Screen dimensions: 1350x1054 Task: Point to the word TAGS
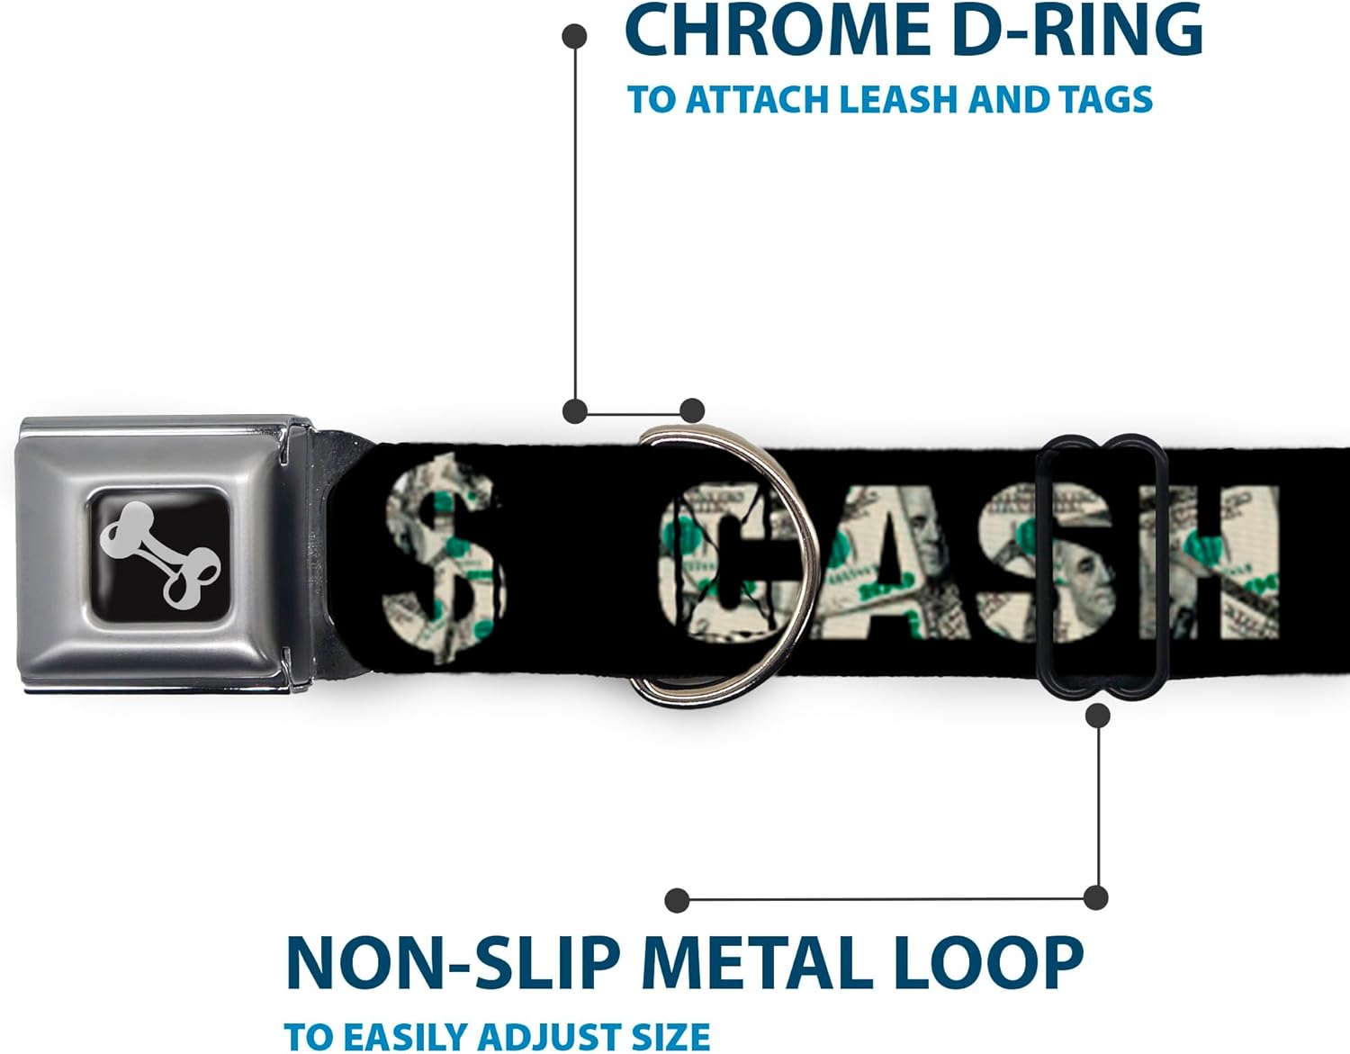tap(1106, 100)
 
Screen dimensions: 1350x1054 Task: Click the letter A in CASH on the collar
tap(886, 563)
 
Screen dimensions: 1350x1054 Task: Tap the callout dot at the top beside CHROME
tap(574, 37)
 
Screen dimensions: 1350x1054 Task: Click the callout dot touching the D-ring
tap(691, 411)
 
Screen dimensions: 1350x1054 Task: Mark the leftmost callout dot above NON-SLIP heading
tap(677, 899)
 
